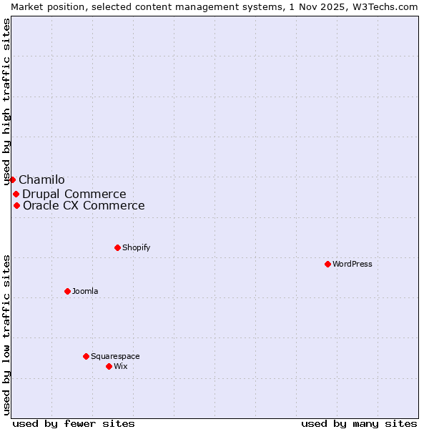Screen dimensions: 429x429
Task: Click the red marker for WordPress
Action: tap(327, 264)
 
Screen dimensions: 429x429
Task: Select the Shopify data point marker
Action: tap(117, 247)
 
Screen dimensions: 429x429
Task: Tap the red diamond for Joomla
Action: tap(67, 291)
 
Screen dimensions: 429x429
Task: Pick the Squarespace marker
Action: tap(86, 356)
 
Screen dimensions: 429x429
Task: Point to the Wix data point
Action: tap(109, 366)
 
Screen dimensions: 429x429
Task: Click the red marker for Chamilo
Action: tap(12, 179)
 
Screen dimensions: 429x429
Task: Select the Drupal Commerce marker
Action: tap(16, 194)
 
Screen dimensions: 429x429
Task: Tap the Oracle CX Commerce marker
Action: tap(16, 205)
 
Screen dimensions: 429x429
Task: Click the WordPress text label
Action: tap(352, 264)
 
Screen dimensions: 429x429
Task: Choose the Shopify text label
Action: tap(136, 247)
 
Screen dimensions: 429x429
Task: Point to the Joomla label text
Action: tap(85, 291)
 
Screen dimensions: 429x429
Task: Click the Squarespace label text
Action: tap(115, 356)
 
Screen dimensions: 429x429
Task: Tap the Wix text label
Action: tap(121, 366)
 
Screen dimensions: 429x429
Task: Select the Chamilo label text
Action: tap(41, 180)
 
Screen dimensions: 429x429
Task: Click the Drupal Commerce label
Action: tap(74, 194)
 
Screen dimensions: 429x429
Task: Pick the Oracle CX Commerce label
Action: tap(84, 206)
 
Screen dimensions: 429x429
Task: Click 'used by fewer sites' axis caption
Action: tap(74, 423)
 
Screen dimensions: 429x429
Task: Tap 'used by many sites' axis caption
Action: tap(359, 423)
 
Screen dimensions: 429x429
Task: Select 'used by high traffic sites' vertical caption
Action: tap(6, 102)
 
